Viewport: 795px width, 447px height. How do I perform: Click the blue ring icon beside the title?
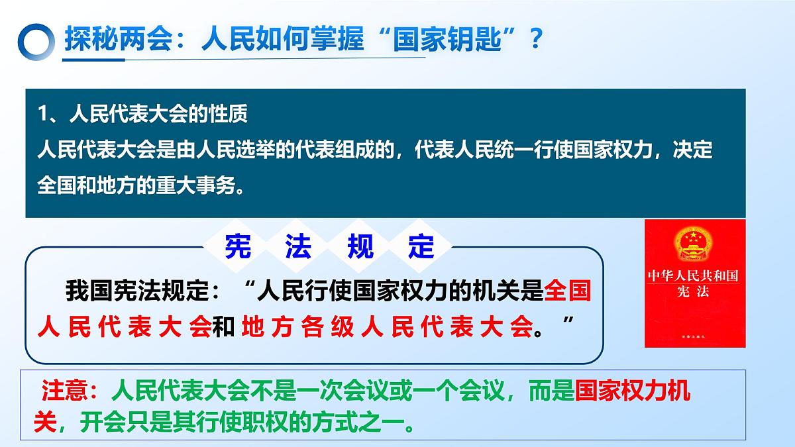[35, 42]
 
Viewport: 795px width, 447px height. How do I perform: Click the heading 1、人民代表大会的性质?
[143, 115]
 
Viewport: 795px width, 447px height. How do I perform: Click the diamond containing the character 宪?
[237, 247]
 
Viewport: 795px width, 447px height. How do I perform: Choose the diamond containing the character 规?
[360, 247]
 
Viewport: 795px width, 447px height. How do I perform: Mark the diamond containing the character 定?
[421, 247]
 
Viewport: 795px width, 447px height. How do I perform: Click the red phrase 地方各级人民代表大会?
[388, 327]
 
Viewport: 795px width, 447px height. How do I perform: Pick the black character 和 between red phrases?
[224, 327]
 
